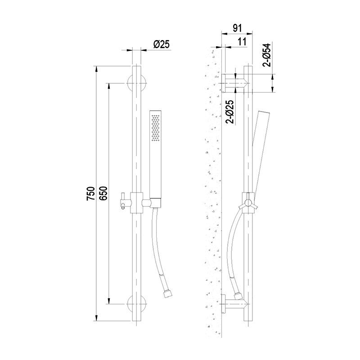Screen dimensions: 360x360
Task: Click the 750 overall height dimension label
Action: point(91,193)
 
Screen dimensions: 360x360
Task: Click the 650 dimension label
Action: point(103,193)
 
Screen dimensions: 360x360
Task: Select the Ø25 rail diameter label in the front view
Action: point(162,44)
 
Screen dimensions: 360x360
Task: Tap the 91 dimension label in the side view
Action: point(238,28)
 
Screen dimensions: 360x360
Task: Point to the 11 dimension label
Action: point(242,42)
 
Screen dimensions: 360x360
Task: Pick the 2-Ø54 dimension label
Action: point(266,55)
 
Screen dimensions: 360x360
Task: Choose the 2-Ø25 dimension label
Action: point(229,112)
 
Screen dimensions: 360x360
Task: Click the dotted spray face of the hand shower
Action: point(155,128)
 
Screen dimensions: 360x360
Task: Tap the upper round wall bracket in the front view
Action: point(137,83)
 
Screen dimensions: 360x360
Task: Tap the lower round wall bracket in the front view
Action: point(137,304)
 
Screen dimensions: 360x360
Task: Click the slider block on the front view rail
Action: point(137,202)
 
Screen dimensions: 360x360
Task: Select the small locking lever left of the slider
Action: point(123,201)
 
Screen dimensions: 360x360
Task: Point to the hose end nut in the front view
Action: point(168,294)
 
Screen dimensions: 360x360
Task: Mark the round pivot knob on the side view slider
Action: point(248,203)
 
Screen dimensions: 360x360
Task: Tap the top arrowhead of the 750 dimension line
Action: point(96,69)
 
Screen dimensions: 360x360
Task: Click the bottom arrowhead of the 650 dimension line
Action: point(109,301)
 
